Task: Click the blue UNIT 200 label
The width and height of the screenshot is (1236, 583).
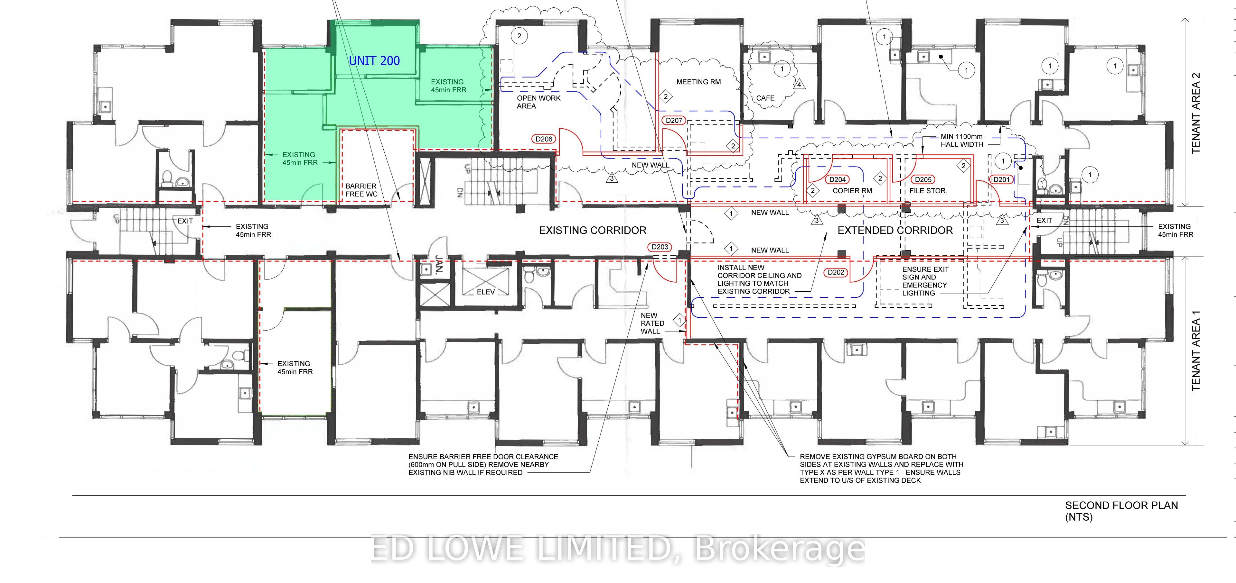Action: pos(374,61)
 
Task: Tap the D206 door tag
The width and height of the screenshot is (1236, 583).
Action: pos(544,139)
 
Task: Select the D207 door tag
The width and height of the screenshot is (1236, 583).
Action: pos(674,120)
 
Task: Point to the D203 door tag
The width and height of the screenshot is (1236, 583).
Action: pos(660,247)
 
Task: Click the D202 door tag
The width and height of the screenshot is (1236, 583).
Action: pos(836,272)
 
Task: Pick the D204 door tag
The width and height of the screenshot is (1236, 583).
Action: pos(838,179)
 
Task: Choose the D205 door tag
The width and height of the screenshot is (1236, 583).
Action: pos(923,179)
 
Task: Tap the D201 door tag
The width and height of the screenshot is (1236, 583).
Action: pos(1001,179)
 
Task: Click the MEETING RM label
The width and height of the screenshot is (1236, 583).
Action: pos(698,82)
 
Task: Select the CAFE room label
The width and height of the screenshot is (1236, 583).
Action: pos(765,98)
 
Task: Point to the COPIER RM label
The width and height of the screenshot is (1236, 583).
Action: pos(852,190)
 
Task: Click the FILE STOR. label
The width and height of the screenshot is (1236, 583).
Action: pos(928,190)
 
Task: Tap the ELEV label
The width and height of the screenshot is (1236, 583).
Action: pos(486,291)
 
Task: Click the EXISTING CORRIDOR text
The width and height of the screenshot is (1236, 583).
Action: pos(593,230)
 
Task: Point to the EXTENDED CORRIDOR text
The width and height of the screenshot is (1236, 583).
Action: pos(895,230)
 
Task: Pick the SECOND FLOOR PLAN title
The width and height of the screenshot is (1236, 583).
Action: pos(1121,505)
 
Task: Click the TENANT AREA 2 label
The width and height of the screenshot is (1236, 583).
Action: pos(1196,113)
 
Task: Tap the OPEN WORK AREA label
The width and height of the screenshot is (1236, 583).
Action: pos(538,102)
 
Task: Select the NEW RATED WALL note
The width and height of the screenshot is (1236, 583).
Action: pos(652,323)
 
